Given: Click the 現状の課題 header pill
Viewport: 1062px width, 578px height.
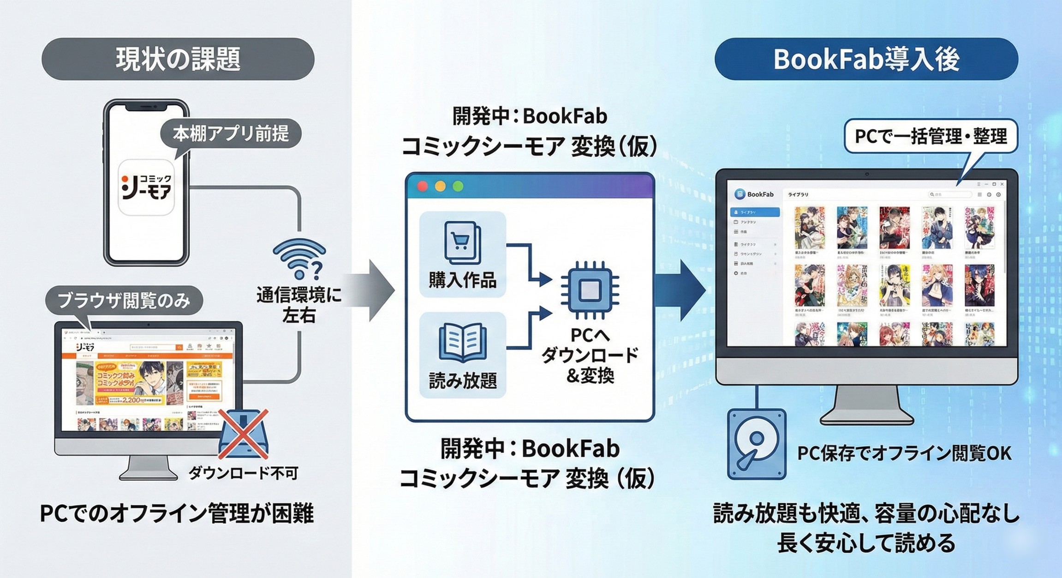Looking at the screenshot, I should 178,59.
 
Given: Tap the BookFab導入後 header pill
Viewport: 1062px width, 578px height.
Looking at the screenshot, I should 866,59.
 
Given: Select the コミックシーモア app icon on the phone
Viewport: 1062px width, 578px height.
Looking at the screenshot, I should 146,187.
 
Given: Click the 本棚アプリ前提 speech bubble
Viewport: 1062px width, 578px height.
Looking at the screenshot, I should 231,134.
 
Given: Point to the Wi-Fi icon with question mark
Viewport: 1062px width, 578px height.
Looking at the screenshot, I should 299,259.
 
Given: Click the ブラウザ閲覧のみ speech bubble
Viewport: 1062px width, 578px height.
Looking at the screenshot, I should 124,301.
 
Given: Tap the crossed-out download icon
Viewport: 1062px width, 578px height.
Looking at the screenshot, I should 243,434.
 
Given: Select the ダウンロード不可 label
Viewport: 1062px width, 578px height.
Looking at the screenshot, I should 243,473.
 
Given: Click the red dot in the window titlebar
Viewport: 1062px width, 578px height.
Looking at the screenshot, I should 422,186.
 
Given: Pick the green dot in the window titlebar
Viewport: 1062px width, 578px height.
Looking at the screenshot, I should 458,186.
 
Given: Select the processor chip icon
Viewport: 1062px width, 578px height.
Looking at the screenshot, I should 589,290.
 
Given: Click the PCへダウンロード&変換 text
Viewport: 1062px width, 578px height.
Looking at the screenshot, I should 590,355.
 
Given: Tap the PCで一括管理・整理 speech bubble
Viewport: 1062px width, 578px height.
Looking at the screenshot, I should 931,136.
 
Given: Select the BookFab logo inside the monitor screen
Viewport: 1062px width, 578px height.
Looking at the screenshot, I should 754,194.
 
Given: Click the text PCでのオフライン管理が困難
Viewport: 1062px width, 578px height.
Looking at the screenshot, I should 177,513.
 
